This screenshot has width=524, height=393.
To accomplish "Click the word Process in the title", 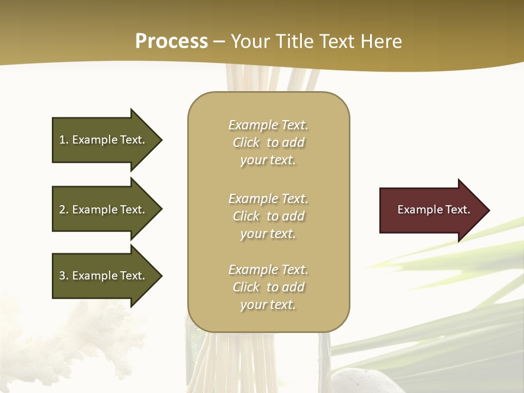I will [171, 41].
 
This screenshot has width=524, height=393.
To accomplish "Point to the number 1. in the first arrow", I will [64, 140].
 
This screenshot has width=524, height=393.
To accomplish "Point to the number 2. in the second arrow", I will [64, 210].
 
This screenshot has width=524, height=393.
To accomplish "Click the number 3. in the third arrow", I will [64, 276].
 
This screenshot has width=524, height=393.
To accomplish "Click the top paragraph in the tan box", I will [268, 142].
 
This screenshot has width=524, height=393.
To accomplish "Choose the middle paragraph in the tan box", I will [268, 216].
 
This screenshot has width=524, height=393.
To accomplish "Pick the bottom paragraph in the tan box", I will [268, 287].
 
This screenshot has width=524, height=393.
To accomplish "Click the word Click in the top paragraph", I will [246, 142].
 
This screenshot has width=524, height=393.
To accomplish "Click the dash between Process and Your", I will [219, 41].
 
